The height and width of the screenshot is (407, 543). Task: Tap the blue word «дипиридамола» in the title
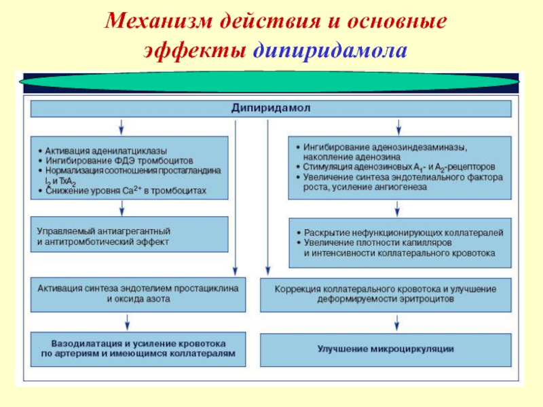click(x=331, y=50)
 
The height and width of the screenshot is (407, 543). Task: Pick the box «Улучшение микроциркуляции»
click(x=386, y=349)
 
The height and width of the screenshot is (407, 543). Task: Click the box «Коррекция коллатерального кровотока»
click(x=386, y=293)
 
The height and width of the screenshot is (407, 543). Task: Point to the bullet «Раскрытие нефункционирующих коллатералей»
click(x=403, y=232)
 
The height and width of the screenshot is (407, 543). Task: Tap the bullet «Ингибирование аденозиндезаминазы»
click(x=386, y=146)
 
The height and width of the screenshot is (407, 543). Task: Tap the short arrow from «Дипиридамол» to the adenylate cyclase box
click(x=121, y=126)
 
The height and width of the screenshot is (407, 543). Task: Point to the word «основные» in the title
click(x=396, y=22)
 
